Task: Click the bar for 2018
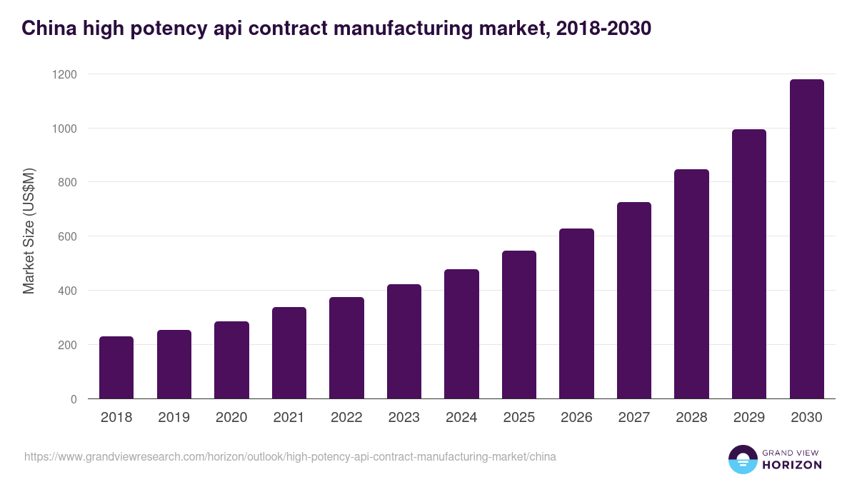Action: tap(116, 367)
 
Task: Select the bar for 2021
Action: tap(289, 353)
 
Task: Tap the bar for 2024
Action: tap(461, 333)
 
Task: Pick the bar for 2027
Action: tap(634, 300)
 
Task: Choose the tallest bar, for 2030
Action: tap(806, 239)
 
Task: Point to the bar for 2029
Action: tap(749, 263)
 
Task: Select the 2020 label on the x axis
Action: tap(231, 418)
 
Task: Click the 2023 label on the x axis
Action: tap(404, 418)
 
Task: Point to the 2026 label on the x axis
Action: tap(576, 418)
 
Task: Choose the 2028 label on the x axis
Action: tap(691, 418)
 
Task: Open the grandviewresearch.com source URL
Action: tap(290, 456)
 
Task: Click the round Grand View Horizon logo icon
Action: tap(742, 459)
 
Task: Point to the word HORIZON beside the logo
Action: tap(792, 465)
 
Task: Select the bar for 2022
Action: tap(346, 348)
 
